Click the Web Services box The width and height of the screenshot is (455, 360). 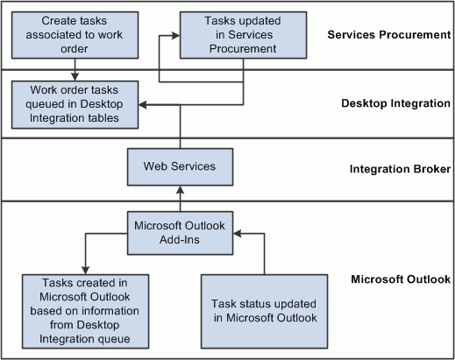coord(180,166)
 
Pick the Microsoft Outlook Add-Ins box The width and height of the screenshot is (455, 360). coord(180,232)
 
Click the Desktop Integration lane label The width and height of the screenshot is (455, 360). coord(395,103)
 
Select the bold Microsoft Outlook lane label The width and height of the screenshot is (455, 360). coord(400,279)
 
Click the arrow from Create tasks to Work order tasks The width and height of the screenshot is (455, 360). coord(75,67)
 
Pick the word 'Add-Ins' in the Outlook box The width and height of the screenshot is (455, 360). coord(180,240)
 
